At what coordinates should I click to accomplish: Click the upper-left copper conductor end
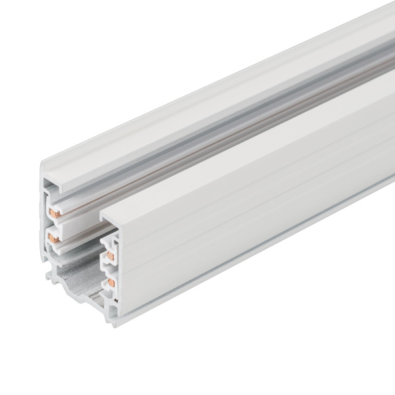pos(53,211)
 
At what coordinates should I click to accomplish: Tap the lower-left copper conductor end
pos(53,234)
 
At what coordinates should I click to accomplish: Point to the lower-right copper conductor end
pos(111,267)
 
